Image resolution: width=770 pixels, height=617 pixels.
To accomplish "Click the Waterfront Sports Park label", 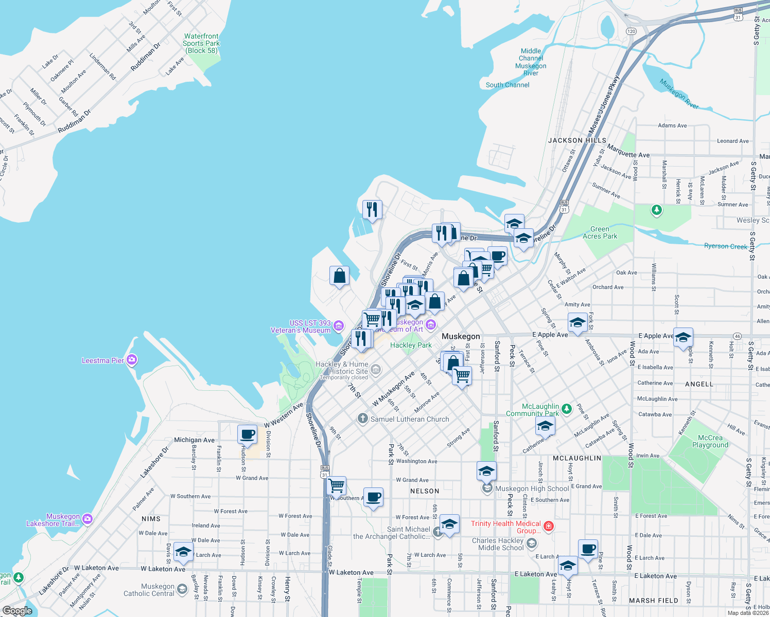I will [x=201, y=43].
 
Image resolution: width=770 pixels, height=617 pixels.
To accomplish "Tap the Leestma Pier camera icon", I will [x=132, y=360].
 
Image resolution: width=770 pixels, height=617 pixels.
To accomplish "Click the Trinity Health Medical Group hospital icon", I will [x=549, y=525].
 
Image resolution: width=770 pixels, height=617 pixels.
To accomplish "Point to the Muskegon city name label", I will [x=461, y=336].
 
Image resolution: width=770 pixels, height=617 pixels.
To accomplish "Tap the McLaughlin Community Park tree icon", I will [x=567, y=409].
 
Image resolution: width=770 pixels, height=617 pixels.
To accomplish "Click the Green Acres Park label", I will [x=600, y=232].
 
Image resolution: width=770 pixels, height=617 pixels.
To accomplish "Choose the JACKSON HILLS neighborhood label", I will [x=577, y=140].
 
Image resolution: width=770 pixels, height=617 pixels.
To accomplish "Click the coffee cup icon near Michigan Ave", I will [x=248, y=434].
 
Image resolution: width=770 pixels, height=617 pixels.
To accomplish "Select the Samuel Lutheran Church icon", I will [x=363, y=419].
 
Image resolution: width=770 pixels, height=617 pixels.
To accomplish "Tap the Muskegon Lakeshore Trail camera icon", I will [x=87, y=519].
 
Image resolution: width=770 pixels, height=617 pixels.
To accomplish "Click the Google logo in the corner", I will [x=17, y=611].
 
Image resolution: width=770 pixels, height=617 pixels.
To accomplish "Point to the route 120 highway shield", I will [x=632, y=31].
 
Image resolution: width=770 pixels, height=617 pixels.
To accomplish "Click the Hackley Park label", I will [x=411, y=345].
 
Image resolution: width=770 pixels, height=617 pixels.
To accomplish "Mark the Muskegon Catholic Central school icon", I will [x=182, y=589].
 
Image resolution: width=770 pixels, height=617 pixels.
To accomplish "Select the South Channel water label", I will [x=507, y=85].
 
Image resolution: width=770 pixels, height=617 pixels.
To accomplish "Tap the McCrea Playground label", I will [x=710, y=441].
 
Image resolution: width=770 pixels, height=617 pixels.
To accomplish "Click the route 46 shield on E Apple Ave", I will [x=738, y=336].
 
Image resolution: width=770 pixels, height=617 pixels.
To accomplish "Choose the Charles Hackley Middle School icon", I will [x=532, y=543].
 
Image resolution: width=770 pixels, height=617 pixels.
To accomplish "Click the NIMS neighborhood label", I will [x=151, y=519].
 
